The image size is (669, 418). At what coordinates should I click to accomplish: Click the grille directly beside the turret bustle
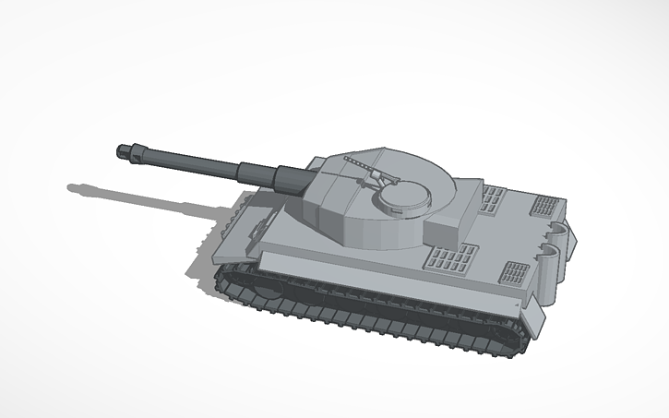[494, 197]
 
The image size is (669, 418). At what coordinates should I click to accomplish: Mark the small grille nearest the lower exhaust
[514, 273]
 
